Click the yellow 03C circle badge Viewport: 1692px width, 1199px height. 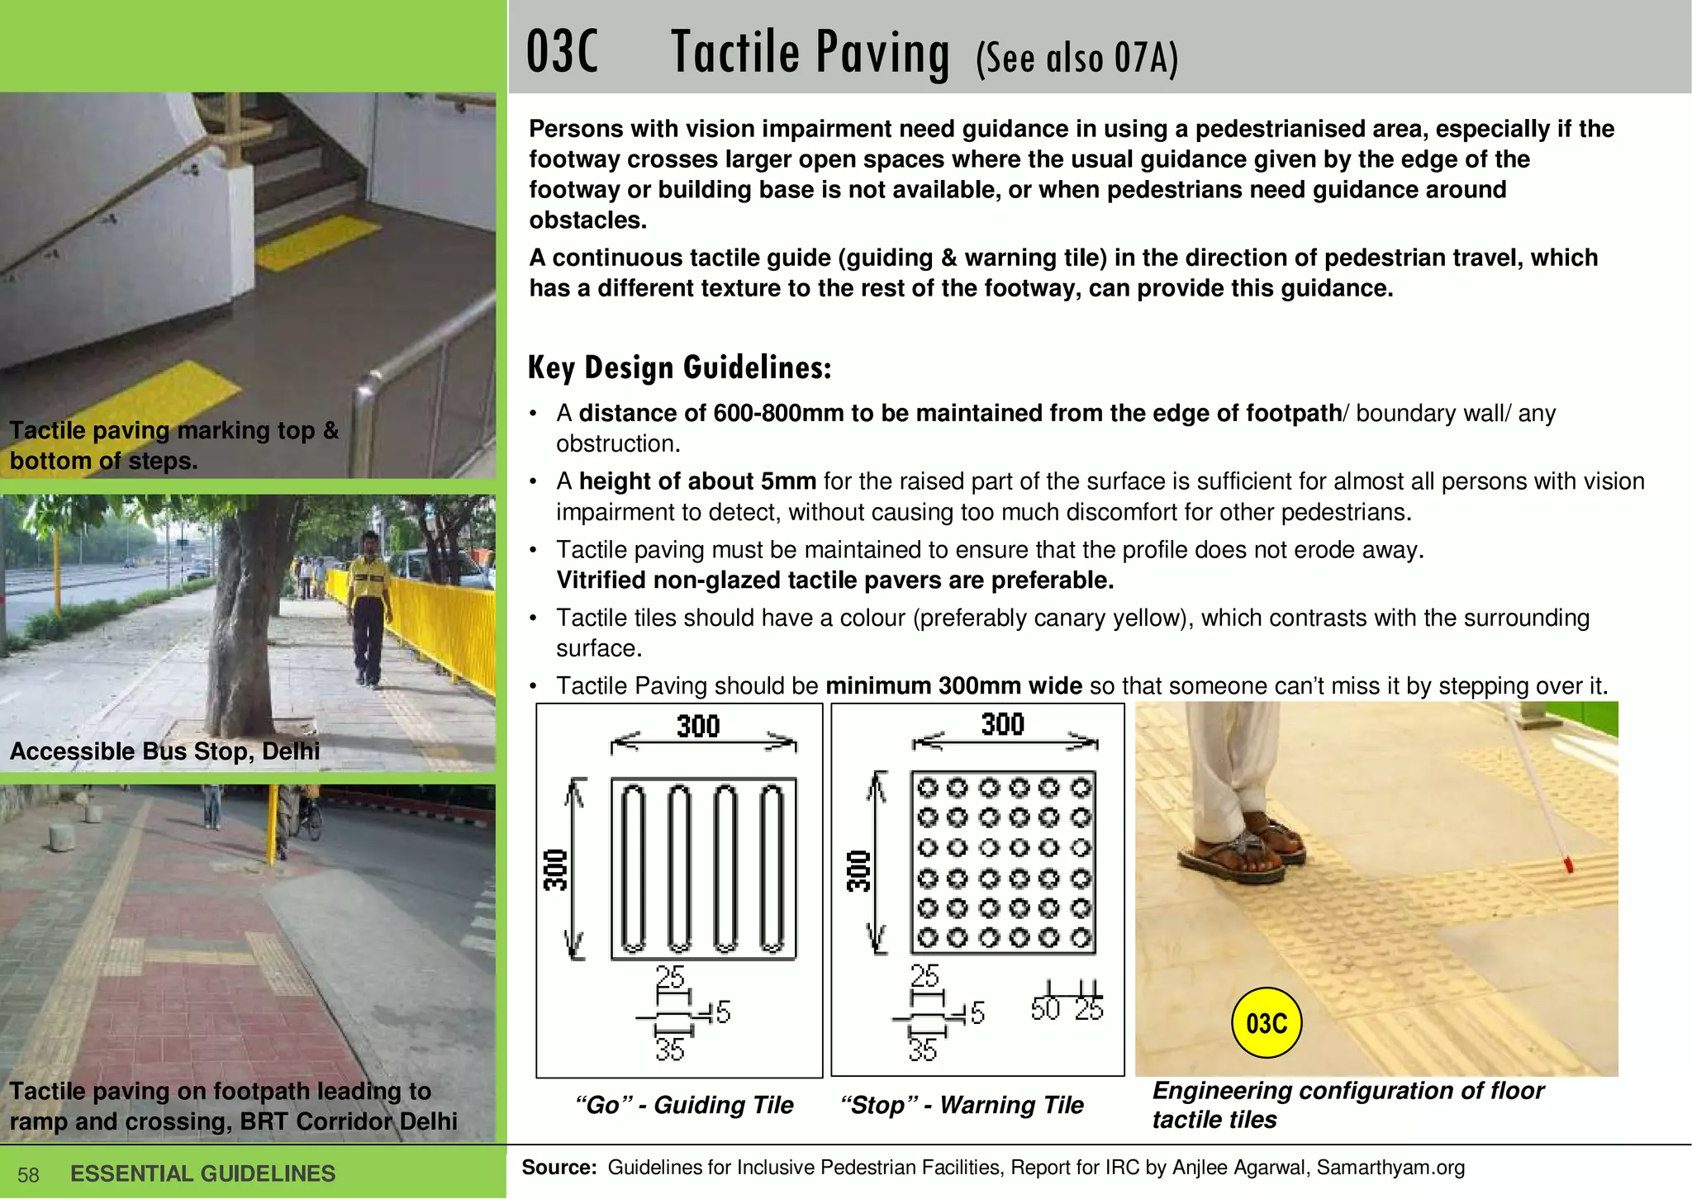tap(1266, 1023)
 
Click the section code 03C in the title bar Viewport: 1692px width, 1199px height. tap(562, 53)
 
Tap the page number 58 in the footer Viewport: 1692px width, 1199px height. tap(28, 1175)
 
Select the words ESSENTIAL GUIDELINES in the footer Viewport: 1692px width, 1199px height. tap(203, 1173)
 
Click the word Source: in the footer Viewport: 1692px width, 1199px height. tap(559, 1167)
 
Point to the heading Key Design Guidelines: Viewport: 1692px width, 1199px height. tap(679, 367)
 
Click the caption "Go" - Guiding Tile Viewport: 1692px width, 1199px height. tap(683, 1105)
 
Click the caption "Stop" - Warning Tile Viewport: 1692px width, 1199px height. tap(961, 1105)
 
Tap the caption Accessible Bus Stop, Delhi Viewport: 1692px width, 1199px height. tap(164, 751)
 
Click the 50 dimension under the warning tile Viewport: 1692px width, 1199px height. tap(1045, 1008)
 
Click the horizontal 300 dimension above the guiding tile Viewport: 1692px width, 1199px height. tap(699, 726)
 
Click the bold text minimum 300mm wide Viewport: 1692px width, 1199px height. tap(953, 685)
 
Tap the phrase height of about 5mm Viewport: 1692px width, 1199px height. tap(697, 481)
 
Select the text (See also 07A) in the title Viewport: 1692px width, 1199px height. tap(1077, 58)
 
